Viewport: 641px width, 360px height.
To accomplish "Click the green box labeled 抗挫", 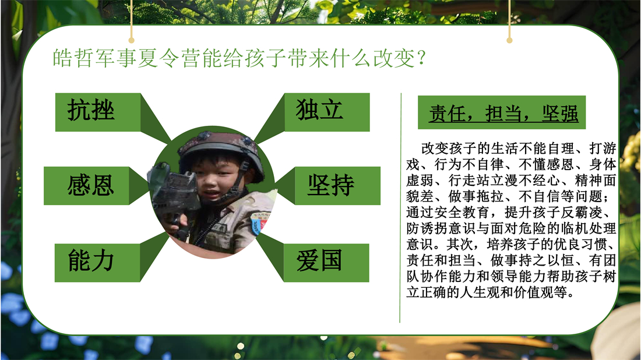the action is pyautogui.click(x=98, y=112).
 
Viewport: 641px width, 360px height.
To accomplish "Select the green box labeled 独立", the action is pyautogui.click(x=327, y=112).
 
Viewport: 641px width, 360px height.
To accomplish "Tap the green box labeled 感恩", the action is pyautogui.click(x=87, y=185).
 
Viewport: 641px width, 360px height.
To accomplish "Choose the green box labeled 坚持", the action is pyautogui.click(x=337, y=185).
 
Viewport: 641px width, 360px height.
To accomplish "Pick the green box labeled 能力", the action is pyautogui.click(x=97, y=263).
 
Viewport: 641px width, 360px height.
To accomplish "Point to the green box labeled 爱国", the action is pyautogui.click(x=326, y=263).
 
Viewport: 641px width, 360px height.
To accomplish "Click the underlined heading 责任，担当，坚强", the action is pyautogui.click(x=503, y=114).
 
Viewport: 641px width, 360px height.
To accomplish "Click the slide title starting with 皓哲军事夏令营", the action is pyautogui.click(x=240, y=58).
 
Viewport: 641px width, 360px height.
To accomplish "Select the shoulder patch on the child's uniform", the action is pyautogui.click(x=260, y=223).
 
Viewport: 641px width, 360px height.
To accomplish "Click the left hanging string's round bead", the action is pyautogui.click(x=131, y=40).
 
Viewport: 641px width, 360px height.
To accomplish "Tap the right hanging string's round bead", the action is pyautogui.click(x=509, y=40).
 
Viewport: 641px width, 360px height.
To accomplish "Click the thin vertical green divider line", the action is pyautogui.click(x=401, y=207).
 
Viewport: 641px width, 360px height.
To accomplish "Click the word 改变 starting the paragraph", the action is pyautogui.click(x=435, y=149).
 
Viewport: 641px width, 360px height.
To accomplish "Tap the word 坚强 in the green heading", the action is pyautogui.click(x=561, y=114).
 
